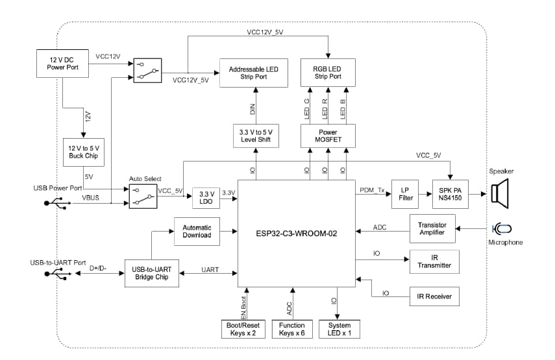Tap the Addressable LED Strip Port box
253,72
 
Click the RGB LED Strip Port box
328,72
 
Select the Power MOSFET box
328,136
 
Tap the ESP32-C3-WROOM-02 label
295,232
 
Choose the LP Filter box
405,194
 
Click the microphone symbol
502,228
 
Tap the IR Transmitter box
434,261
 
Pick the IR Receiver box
434,296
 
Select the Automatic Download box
197,232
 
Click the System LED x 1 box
339,330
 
